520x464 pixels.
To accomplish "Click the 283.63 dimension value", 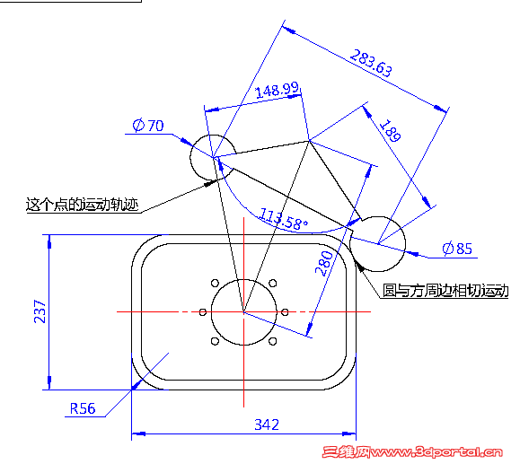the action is (371, 63).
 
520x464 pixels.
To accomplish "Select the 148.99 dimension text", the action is (278, 90).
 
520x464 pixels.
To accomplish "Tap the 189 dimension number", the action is (390, 130).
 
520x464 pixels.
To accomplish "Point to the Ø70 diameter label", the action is (148, 126).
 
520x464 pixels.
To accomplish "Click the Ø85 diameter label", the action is (457, 249).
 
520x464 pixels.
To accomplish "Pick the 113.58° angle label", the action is (283, 219).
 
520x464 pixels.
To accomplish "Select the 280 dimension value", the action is (323, 264).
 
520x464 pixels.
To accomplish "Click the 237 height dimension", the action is (40, 311).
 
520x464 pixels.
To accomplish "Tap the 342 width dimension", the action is (267, 425).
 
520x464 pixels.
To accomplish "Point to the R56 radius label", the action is (83, 408).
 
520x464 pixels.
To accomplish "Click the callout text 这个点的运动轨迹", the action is (82, 205).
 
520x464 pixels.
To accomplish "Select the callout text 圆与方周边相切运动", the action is (445, 290).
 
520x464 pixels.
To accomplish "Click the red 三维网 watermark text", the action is (347, 452).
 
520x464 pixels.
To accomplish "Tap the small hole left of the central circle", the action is (203, 312).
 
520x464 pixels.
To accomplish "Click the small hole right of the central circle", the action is (285, 312).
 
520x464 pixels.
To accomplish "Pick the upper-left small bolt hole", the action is (215, 284).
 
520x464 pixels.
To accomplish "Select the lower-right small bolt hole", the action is (273, 341).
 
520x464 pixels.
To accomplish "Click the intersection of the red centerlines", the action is (243, 312).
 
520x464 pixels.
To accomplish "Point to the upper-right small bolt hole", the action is (273, 284).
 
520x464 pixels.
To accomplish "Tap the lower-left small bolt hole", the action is (215, 341).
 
